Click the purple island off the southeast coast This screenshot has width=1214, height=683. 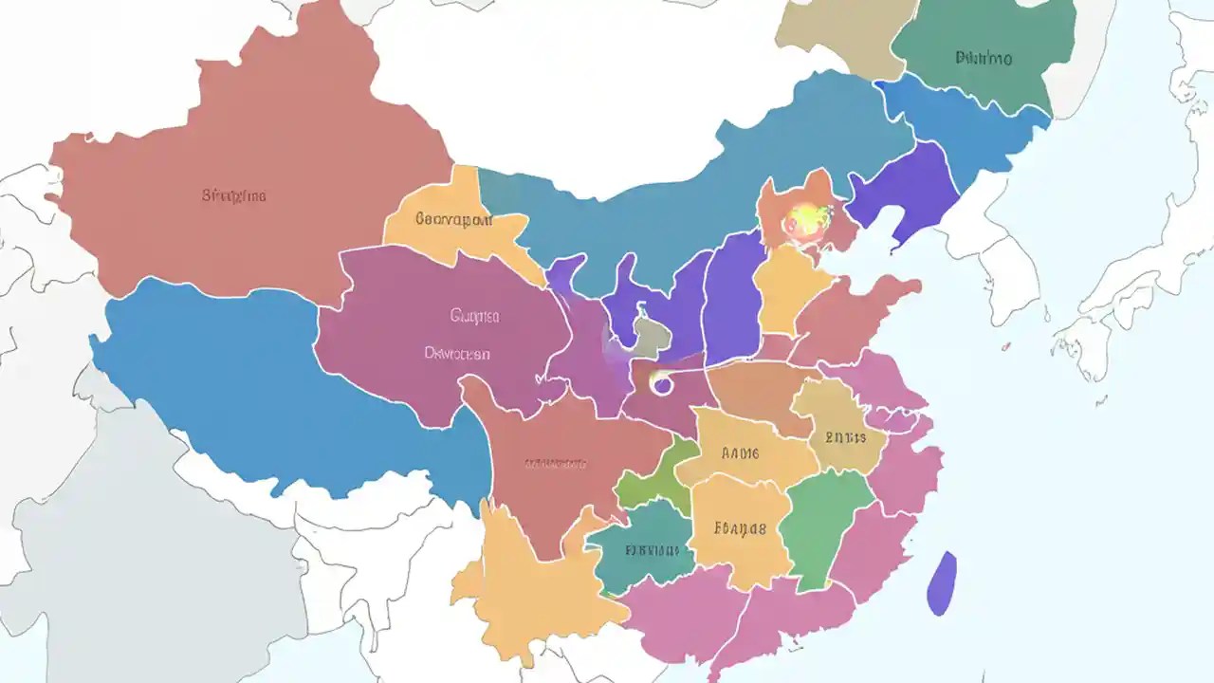[x=941, y=583]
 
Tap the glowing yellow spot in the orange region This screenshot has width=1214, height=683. [x=804, y=220]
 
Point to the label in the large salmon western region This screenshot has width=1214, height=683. [x=233, y=196]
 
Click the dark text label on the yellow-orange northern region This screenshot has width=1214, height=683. [x=453, y=219]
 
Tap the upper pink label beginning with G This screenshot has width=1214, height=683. [x=474, y=316]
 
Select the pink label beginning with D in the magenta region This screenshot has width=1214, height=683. [x=457, y=354]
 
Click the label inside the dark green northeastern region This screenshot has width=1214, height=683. [x=984, y=59]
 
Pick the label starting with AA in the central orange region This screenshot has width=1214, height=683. [x=741, y=453]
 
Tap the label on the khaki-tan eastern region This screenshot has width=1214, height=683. [x=845, y=437]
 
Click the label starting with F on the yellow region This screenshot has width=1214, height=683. [x=740, y=528]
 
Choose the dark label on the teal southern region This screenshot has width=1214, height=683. [x=653, y=549]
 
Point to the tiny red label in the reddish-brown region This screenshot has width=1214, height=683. [x=556, y=464]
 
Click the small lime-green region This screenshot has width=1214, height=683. [x=648, y=480]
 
